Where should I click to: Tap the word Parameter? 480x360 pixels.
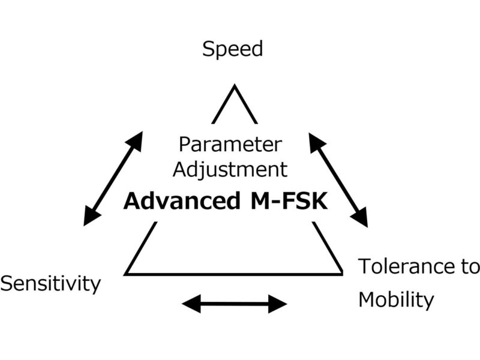click(230, 145)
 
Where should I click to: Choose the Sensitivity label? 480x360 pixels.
click(50, 283)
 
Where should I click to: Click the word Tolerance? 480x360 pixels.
click(409, 266)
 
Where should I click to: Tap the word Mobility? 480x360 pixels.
click(395, 299)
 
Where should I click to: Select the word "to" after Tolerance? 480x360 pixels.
click(470, 266)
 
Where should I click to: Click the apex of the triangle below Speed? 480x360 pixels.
click(234, 86)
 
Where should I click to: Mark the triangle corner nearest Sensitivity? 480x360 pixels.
click(126, 274)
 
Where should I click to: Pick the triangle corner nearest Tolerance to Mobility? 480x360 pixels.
click(341, 274)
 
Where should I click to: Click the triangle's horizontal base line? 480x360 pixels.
click(234, 274)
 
